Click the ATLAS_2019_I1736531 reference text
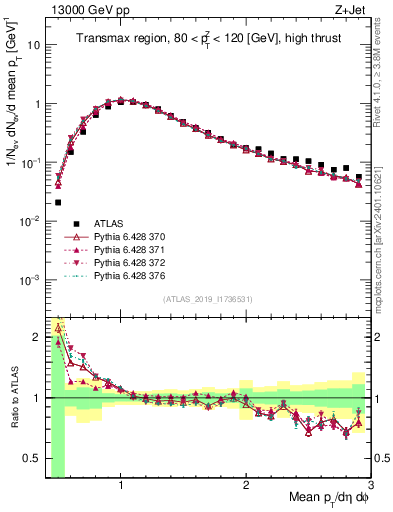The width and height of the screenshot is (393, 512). pyautogui.click(x=208, y=299)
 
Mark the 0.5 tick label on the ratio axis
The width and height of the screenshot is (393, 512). pyautogui.click(x=33, y=459)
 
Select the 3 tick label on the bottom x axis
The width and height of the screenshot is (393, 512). pyautogui.click(x=370, y=484)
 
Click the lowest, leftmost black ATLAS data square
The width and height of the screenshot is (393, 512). pyautogui.click(x=58, y=202)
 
